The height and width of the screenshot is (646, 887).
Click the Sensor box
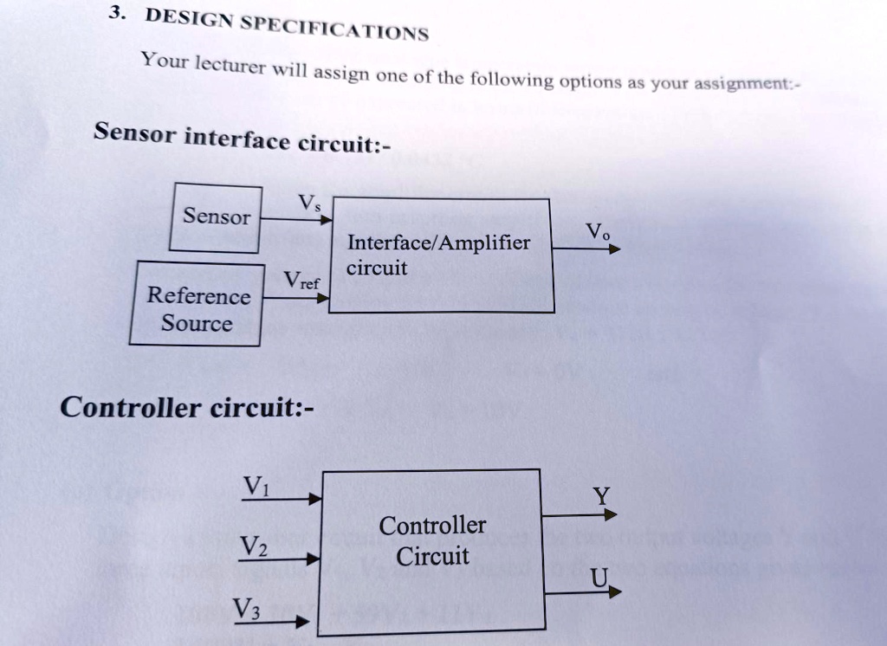(x=216, y=217)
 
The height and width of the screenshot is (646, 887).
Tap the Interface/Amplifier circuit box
(x=441, y=255)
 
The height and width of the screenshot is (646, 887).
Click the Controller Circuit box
(x=431, y=552)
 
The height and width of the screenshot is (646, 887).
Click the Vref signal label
(x=301, y=281)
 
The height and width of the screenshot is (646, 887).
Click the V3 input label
(x=246, y=608)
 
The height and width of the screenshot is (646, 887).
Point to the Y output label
(x=601, y=496)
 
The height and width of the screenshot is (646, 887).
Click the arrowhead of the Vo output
(x=615, y=249)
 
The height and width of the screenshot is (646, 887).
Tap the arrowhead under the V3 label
(x=301, y=622)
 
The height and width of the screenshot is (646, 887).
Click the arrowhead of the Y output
(x=611, y=514)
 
